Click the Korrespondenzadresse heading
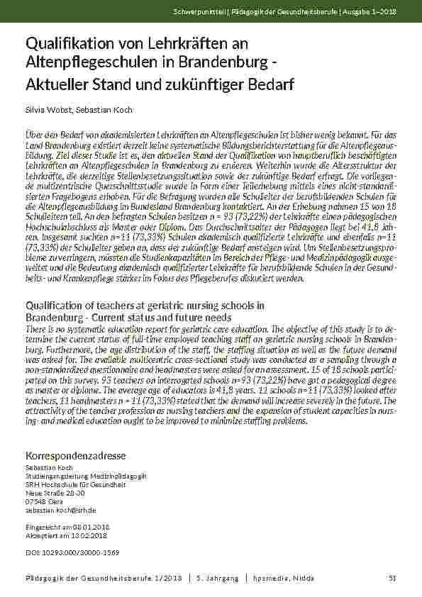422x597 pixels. [75, 454]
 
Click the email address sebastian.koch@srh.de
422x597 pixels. [60, 509]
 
